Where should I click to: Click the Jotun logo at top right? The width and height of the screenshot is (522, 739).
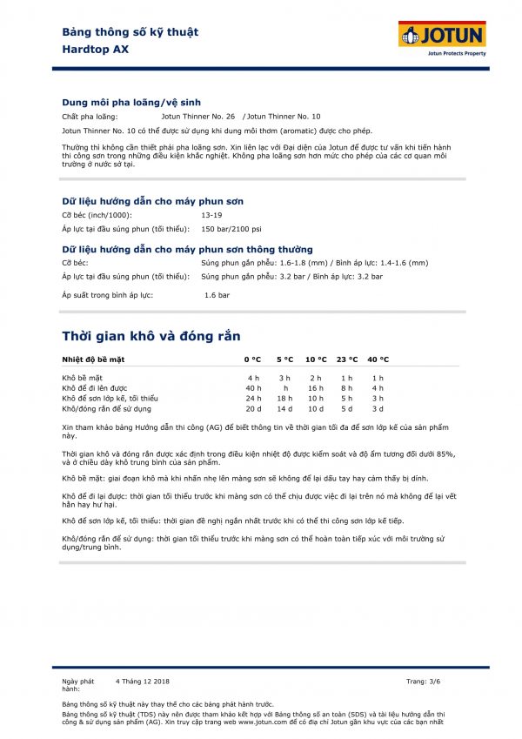point(442,36)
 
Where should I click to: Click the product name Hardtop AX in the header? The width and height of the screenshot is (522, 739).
point(96,49)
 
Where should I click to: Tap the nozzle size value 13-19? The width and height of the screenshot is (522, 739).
point(211,214)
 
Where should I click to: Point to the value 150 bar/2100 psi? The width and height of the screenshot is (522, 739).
point(231,228)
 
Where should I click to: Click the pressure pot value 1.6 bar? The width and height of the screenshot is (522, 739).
point(217,295)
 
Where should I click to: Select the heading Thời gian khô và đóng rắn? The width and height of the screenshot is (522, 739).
point(151,336)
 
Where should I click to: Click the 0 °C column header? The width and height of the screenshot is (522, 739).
point(252,359)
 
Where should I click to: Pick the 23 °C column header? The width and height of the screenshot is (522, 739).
point(346,359)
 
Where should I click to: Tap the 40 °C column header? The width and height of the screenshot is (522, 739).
point(378,359)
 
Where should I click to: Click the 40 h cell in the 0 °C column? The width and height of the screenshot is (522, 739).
point(253,387)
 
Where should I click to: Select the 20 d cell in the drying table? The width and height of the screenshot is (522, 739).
point(253,408)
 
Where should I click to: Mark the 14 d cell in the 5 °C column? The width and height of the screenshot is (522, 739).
point(284,408)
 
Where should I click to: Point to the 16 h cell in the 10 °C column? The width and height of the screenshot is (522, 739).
point(315,387)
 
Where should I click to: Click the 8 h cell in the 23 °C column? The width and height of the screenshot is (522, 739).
point(346,387)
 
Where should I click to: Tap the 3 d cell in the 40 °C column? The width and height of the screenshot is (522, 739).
point(378,408)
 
